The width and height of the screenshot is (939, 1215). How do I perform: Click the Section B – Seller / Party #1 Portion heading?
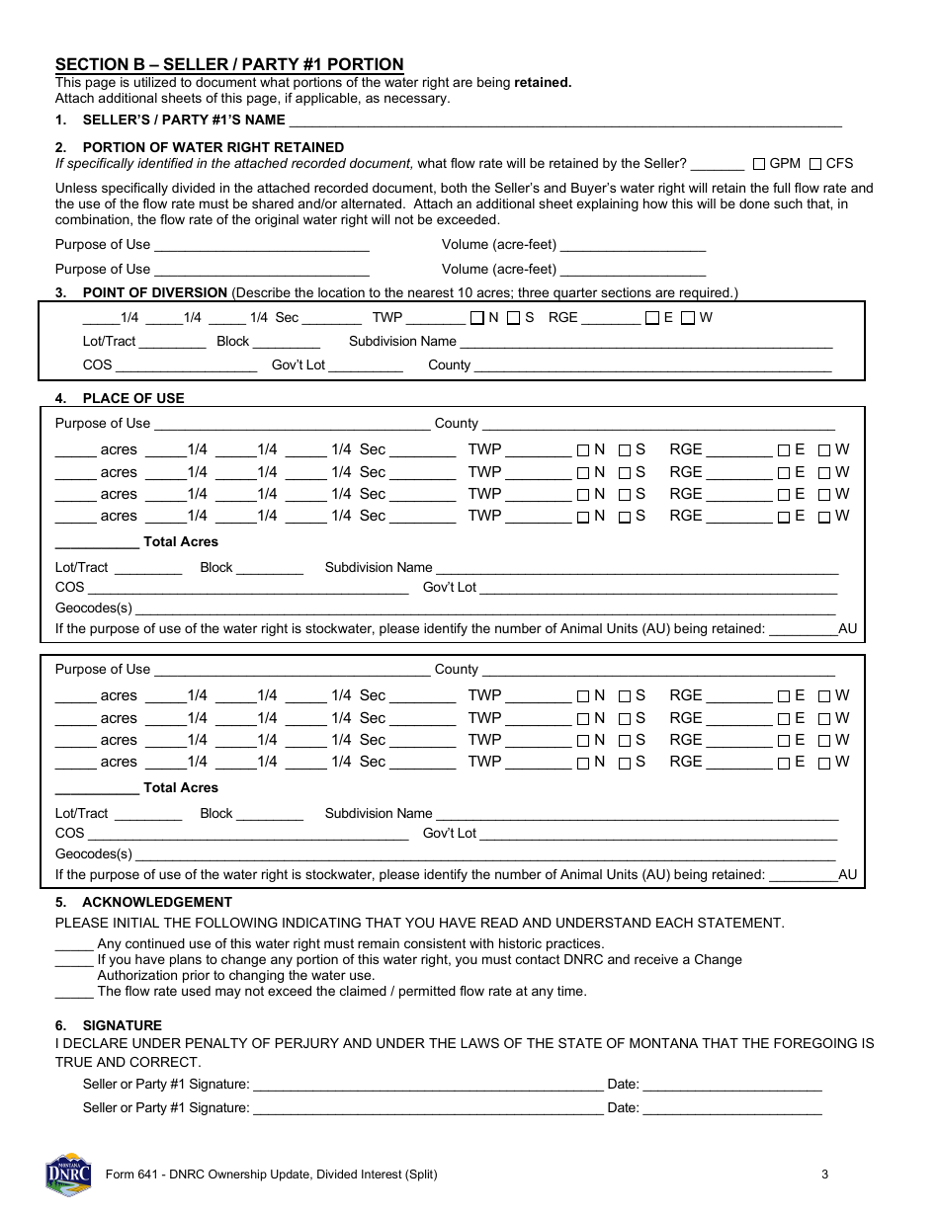[229, 65]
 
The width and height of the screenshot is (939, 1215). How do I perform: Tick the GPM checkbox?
[759, 164]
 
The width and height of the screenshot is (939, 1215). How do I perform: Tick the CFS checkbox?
[815, 164]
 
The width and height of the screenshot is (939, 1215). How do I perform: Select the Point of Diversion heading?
[154, 292]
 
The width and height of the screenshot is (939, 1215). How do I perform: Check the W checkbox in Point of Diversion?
[689, 318]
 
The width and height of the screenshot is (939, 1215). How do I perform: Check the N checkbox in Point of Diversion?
[477, 318]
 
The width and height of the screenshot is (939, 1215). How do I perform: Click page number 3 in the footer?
[823, 1174]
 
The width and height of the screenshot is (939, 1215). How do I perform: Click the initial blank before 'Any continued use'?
[74, 944]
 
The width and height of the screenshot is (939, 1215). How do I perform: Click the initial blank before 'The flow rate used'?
[74, 992]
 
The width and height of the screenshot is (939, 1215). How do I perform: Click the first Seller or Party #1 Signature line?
[427, 1086]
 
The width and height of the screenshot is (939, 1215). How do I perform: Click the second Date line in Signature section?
[731, 1109]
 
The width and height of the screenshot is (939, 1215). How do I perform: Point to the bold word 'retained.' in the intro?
[543, 83]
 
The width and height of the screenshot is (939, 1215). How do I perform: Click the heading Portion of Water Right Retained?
[213, 147]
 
